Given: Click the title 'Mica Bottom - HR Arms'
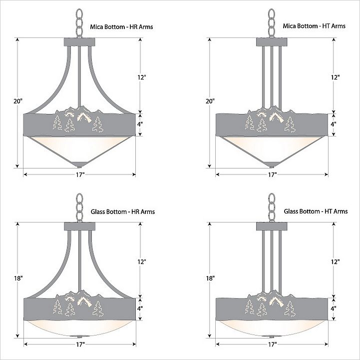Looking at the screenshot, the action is click(121, 27).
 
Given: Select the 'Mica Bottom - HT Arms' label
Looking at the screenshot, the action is click(314, 26).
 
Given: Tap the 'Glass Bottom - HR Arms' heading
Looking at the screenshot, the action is click(123, 211).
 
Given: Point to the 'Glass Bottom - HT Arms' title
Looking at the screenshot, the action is click(316, 211).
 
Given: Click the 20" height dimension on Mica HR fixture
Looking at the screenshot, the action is click(17, 101).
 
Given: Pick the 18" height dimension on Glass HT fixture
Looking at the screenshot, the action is click(210, 278).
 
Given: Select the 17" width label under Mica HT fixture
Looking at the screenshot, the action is click(272, 174).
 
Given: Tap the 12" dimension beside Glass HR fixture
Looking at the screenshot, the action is click(142, 261).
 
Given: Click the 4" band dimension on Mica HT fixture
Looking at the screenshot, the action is click(334, 124).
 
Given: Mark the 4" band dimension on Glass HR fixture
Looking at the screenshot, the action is click(140, 308).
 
